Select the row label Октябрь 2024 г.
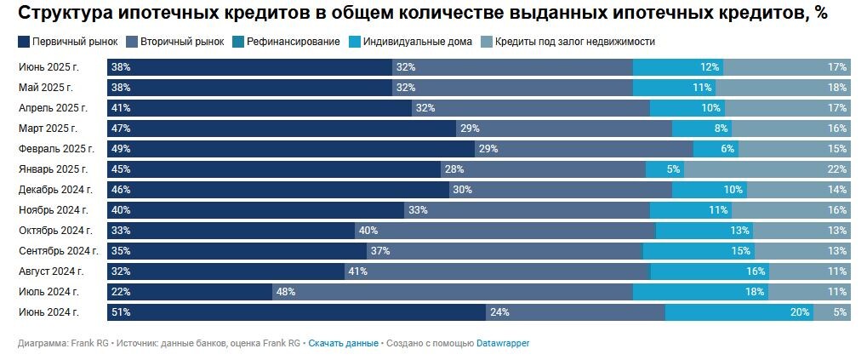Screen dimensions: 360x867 tap(55, 231)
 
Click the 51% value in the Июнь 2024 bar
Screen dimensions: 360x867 tap(120, 313)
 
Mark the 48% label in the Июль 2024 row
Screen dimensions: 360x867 tap(285, 292)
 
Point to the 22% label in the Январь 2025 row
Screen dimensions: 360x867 tap(837, 169)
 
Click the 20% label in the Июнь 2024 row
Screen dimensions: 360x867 tap(800, 313)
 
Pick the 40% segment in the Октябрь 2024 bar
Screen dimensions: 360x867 tap(505, 231)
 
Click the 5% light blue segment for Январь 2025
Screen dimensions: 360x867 tap(664, 169)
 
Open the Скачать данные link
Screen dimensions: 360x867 tap(343, 344)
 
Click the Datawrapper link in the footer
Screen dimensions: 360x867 tap(503, 344)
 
